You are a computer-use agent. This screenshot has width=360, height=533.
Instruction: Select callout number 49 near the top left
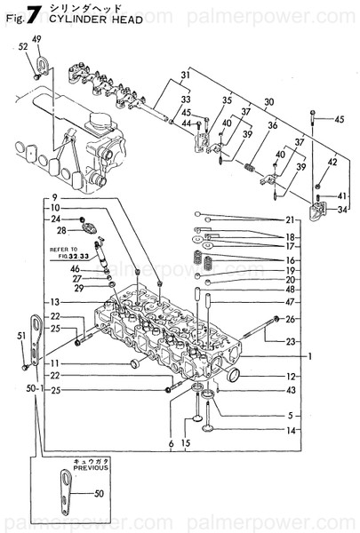coord(37,38)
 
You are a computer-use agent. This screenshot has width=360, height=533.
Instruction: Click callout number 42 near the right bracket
coord(332,162)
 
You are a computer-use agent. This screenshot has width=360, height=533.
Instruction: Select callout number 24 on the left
coord(54,219)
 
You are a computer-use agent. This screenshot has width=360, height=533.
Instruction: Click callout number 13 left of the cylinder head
coord(54,302)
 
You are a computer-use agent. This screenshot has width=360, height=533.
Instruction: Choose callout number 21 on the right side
coord(290,219)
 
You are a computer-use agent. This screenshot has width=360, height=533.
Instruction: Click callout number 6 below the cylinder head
coord(171,443)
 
